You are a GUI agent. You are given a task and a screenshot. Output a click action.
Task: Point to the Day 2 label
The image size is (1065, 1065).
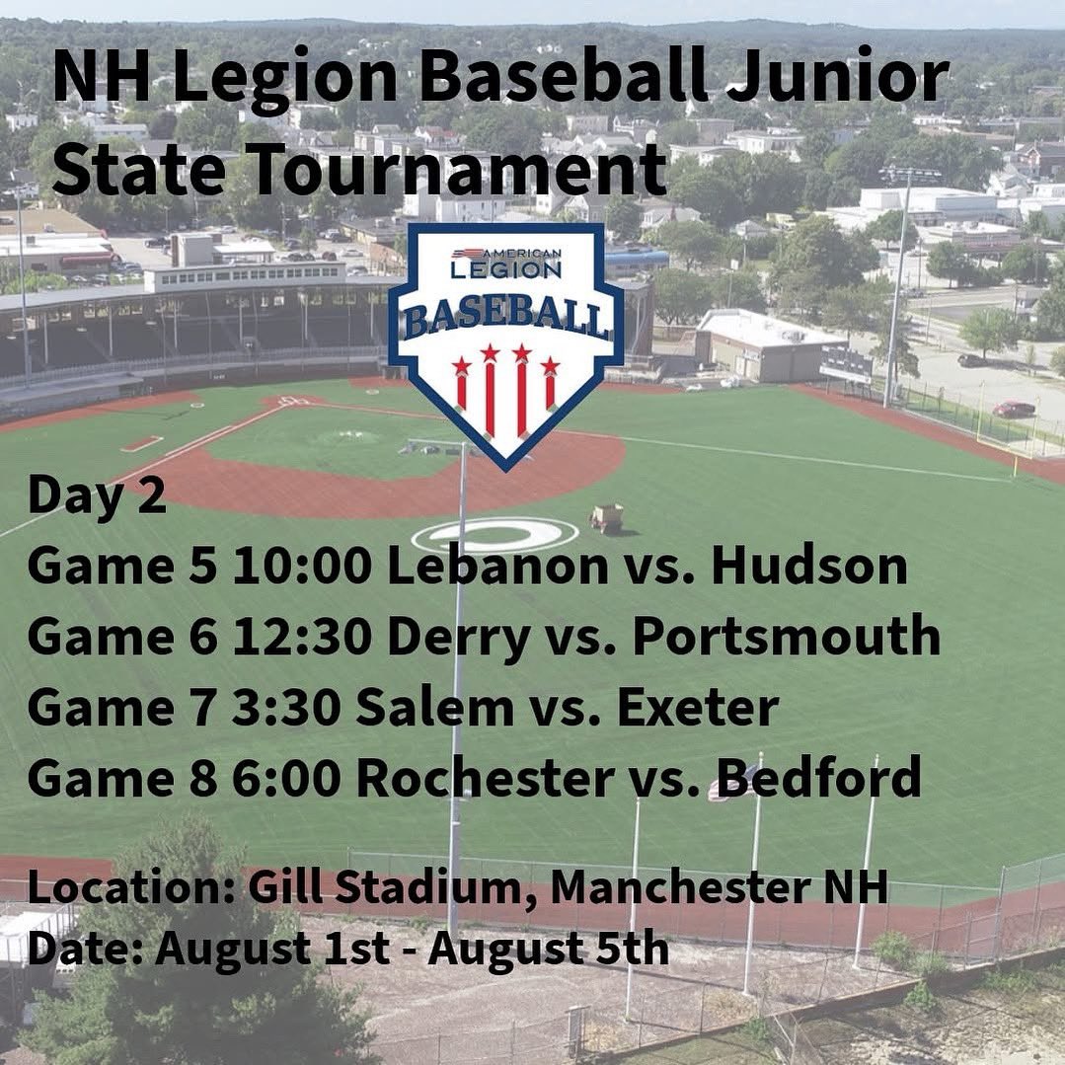pos(97,495)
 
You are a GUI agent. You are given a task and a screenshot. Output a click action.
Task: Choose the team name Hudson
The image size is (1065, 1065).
pos(808,566)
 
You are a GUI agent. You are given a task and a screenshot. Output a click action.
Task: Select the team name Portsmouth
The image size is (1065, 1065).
pos(786,637)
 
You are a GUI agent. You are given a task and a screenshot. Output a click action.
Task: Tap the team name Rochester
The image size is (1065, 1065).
pos(484,778)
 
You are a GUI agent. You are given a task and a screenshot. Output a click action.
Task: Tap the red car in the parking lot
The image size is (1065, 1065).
pos(1013,409)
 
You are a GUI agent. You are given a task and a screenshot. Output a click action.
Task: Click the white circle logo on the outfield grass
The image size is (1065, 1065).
pos(494,535)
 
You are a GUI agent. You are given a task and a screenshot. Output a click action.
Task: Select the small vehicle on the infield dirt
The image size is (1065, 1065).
pos(606,517)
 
